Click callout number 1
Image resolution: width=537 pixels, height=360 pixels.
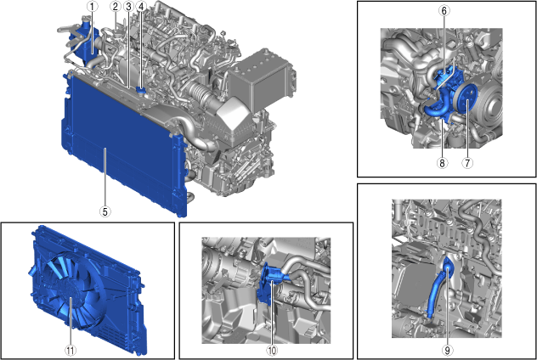[92, 7]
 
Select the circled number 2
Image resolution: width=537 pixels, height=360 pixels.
[116, 7]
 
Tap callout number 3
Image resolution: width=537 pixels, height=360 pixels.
[128, 7]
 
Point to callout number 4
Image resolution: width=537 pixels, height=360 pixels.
[141, 7]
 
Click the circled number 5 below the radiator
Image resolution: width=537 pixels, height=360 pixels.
[105, 211]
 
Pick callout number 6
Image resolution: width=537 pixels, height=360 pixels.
[444, 10]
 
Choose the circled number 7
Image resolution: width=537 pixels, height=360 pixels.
[467, 163]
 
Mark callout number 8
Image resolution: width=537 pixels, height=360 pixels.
[442, 163]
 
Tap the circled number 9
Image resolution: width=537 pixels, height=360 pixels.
[447, 350]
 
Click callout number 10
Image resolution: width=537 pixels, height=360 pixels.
[272, 350]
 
